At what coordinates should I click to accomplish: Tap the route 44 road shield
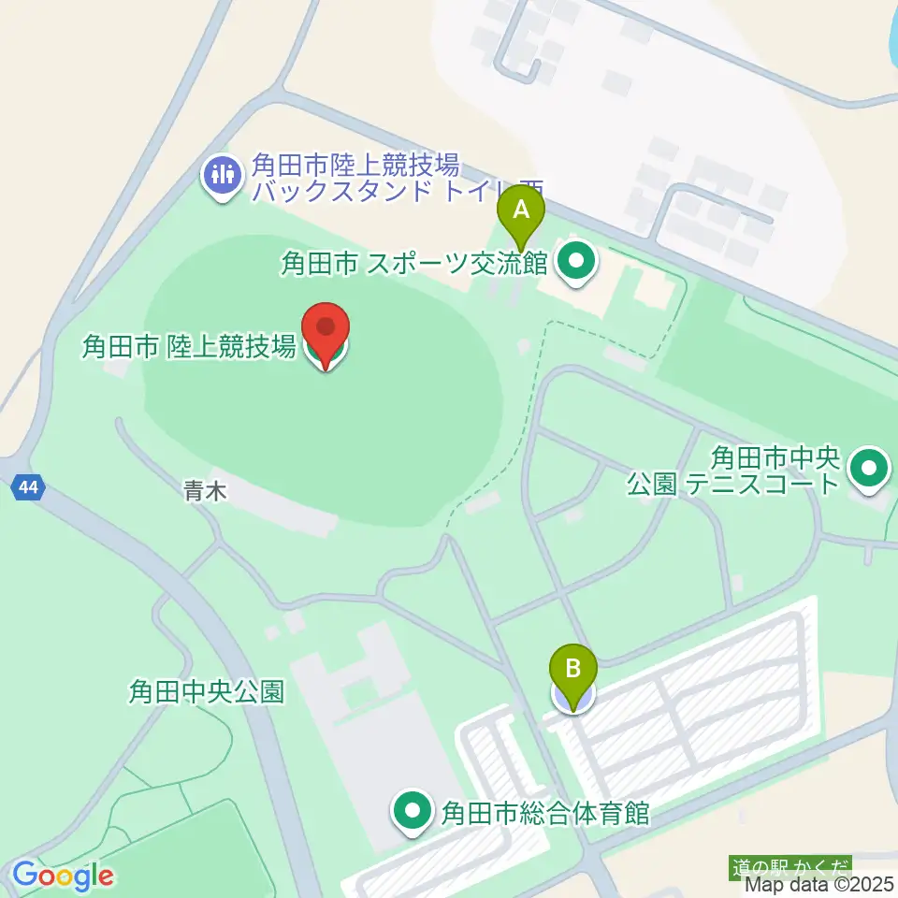click(x=28, y=486)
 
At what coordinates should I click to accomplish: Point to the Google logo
click(x=63, y=876)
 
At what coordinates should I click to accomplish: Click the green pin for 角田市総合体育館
click(x=413, y=812)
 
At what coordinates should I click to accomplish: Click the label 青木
click(x=205, y=493)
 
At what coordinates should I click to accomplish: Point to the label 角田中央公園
click(x=206, y=692)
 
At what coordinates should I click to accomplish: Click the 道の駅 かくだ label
click(x=790, y=867)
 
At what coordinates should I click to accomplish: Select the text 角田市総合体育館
click(x=545, y=812)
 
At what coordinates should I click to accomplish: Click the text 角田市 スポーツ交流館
click(x=413, y=264)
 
